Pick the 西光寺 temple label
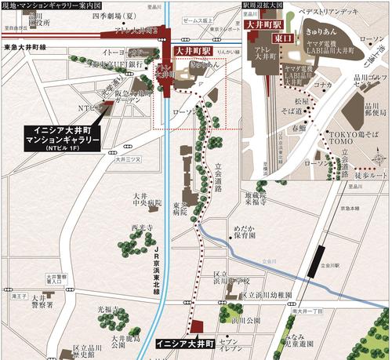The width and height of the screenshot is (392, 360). click(140, 230)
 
